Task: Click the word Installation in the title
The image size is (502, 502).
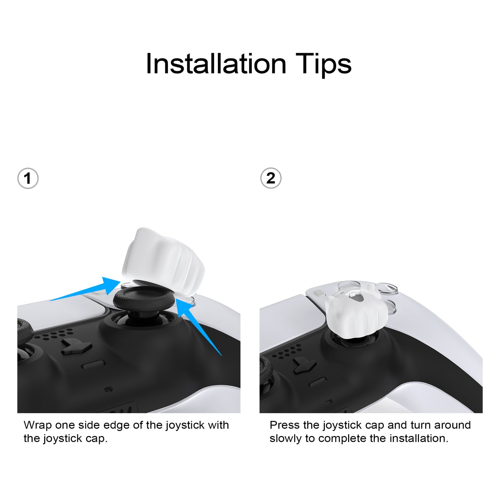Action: [216, 64]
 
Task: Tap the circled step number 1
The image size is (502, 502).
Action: [28, 179]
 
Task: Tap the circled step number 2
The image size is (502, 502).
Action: [271, 178]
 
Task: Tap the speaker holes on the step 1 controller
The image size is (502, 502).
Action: [54, 334]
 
